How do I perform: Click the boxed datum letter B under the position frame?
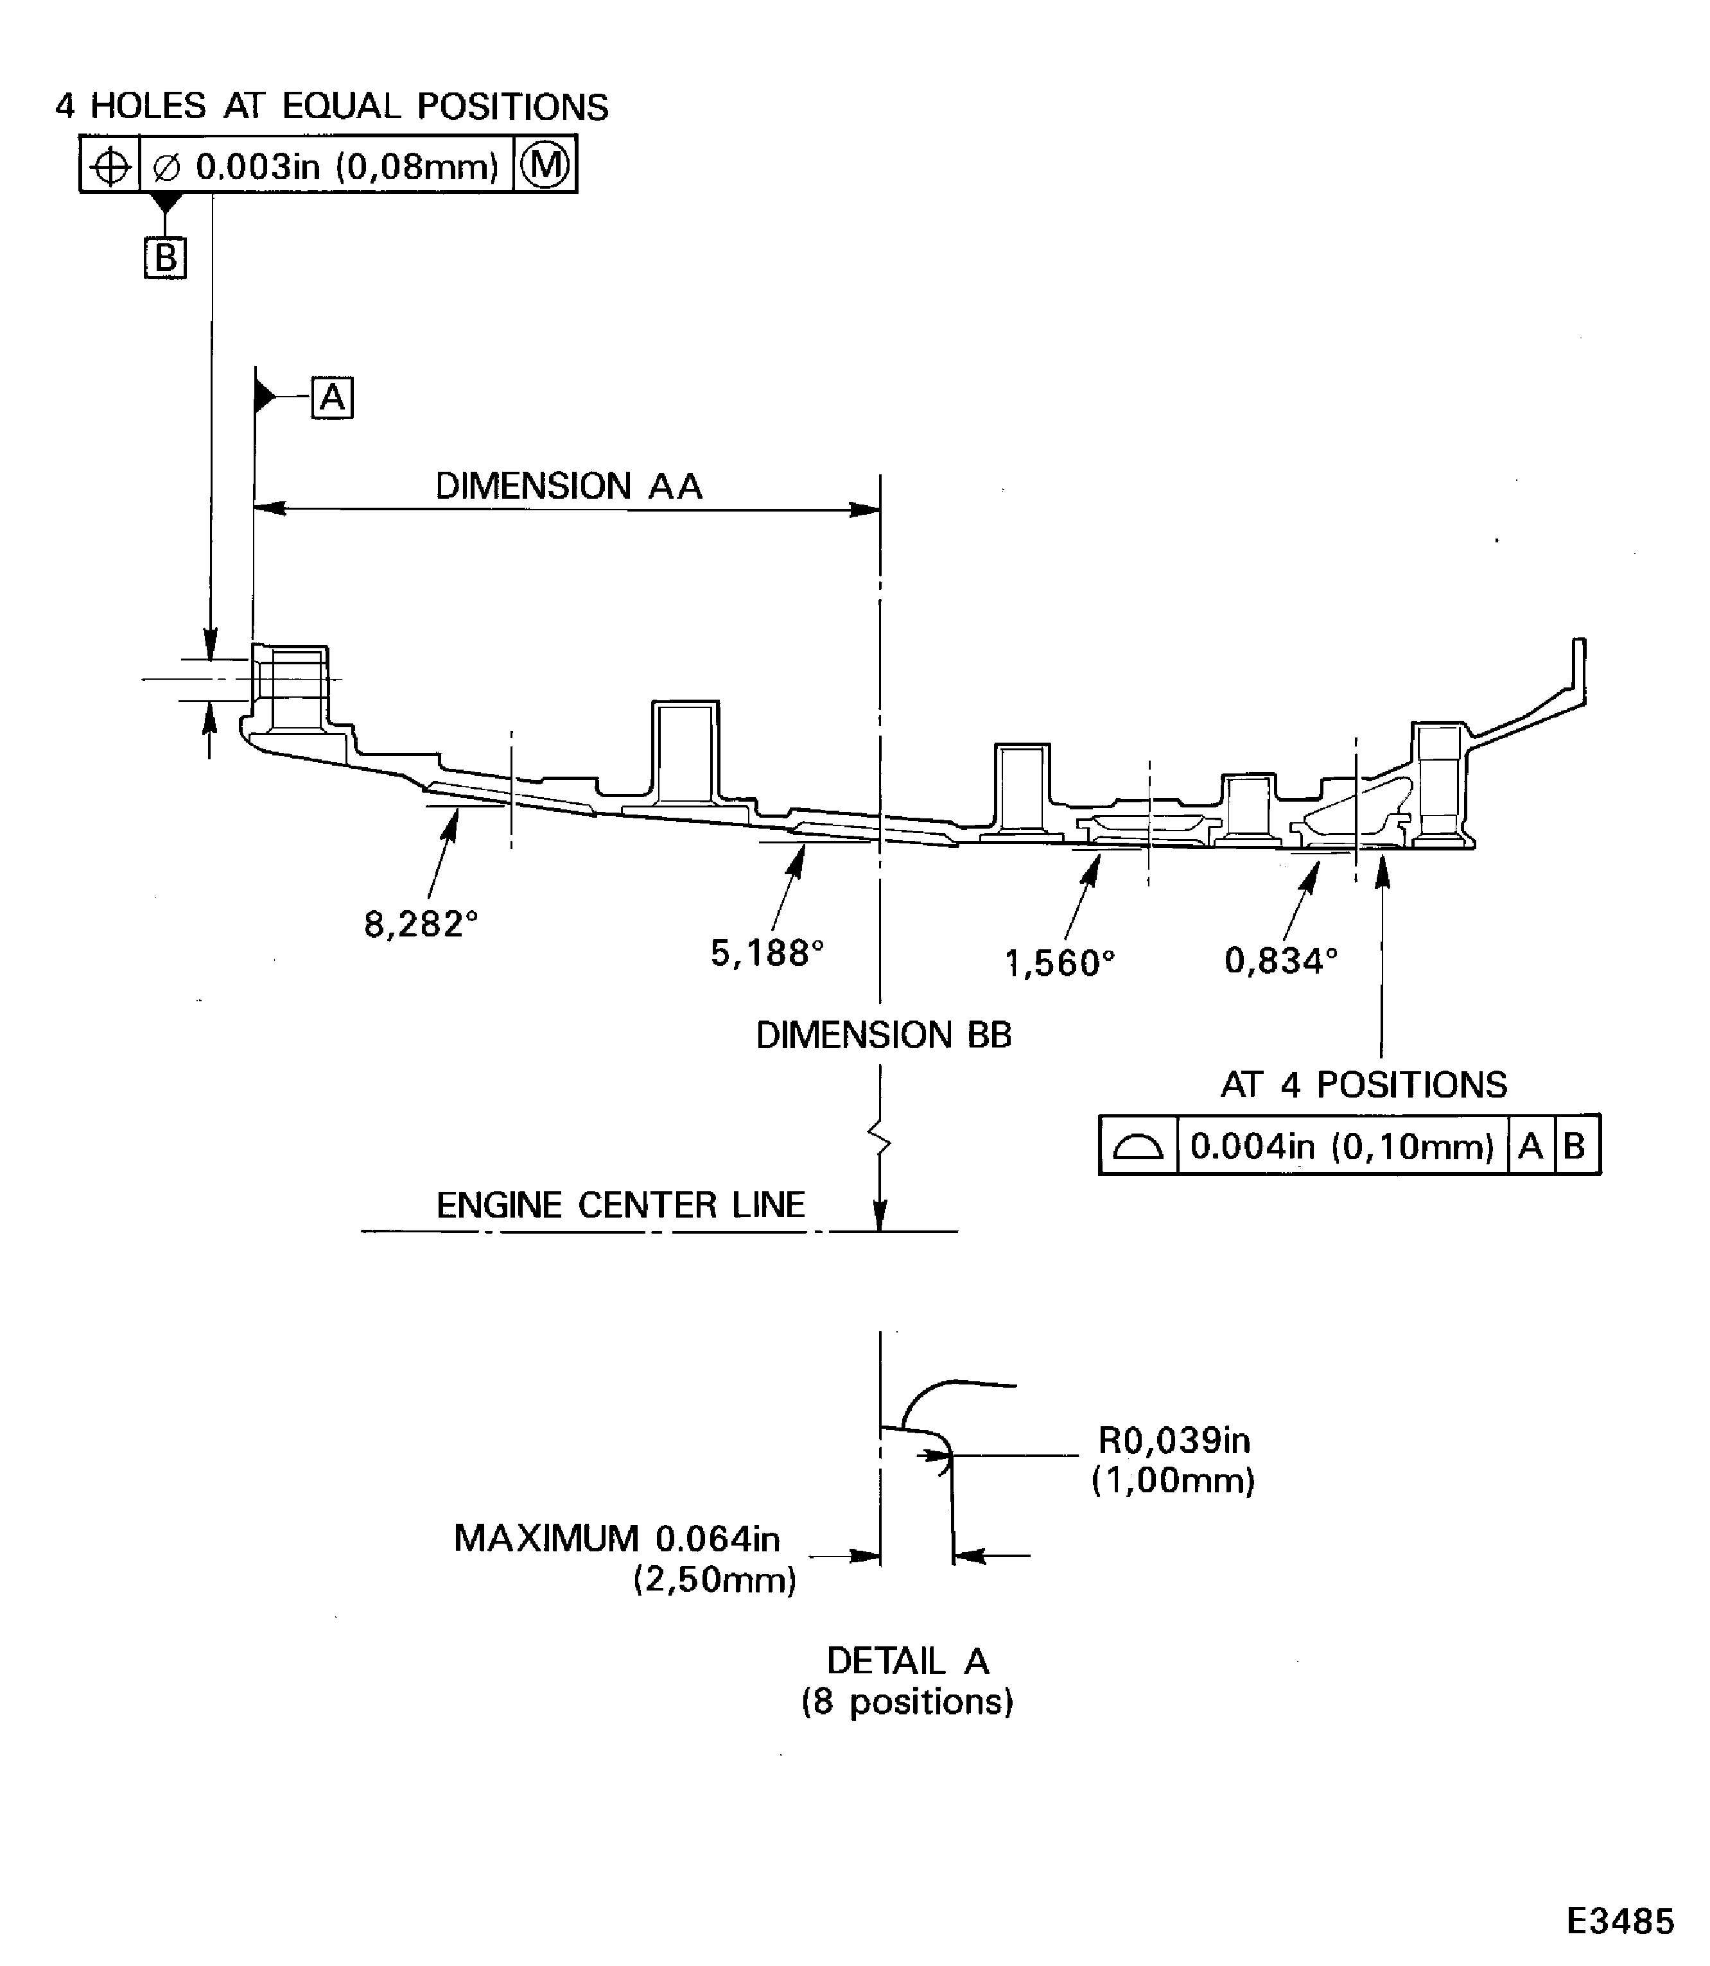click(x=165, y=257)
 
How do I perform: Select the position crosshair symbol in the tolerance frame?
click(x=110, y=167)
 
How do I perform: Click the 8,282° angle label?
click(x=421, y=924)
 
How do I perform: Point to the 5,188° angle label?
click(x=766, y=952)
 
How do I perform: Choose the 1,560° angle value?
click(x=1060, y=963)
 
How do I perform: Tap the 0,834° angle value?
click(x=1280, y=960)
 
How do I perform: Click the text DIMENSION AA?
click(x=569, y=487)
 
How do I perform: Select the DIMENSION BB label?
click(x=883, y=1035)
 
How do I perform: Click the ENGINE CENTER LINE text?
click(x=620, y=1205)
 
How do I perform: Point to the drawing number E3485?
click(x=1620, y=1920)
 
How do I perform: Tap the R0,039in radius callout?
click(x=1174, y=1440)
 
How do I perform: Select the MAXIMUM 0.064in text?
click(x=616, y=1538)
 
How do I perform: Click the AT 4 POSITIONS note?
click(x=1364, y=1085)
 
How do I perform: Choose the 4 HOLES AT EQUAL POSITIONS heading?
click(x=331, y=106)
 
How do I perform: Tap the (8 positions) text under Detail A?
click(x=907, y=1702)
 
